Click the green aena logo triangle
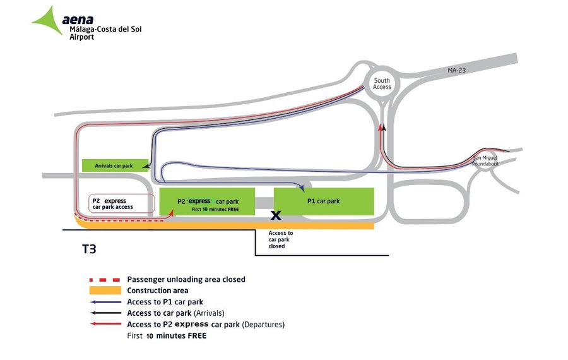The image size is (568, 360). tap(49, 21)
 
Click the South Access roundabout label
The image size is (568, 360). tap(382, 84)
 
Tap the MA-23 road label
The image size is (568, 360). tap(456, 70)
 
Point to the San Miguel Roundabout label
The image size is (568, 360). tap(485, 160)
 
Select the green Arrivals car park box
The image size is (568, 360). tap(115, 165)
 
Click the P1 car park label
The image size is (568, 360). tap(324, 201)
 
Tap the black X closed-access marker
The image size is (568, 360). tap(276, 215)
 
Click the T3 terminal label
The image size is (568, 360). tap(89, 249)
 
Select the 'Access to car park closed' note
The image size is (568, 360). tap(280, 239)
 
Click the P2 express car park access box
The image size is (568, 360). tap(122, 204)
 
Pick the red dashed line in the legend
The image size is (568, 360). tap(105, 280)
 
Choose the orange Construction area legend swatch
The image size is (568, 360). tap(105, 291)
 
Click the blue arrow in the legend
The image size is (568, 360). tap(105, 302)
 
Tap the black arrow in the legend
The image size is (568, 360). tap(105, 313)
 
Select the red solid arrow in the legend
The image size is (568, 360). tap(105, 324)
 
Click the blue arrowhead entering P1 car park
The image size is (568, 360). tap(302, 188)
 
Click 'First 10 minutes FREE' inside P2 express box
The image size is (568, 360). tap(215, 209)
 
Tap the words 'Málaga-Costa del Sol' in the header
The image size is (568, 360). tap(105, 29)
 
